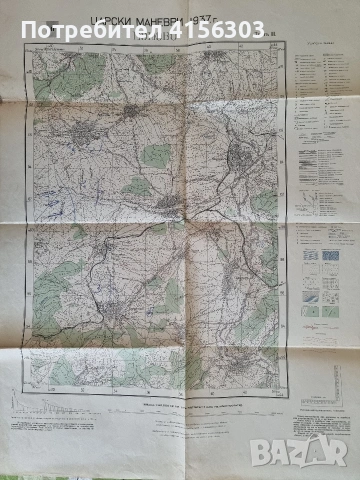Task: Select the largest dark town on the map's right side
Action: tap(240, 156)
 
